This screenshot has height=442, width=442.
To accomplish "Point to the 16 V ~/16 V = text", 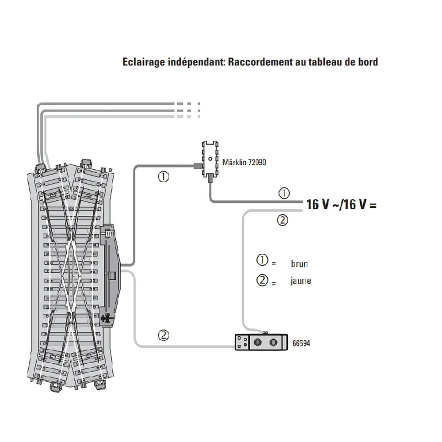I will [x=341, y=205].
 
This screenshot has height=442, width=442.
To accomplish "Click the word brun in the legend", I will [x=299, y=264].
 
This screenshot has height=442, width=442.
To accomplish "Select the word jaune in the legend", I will [x=301, y=281].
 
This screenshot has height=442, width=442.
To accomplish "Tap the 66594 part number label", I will [x=301, y=343].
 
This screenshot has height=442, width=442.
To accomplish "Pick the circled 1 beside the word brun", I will [x=263, y=260].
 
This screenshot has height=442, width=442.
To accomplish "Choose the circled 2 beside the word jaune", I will [x=263, y=280].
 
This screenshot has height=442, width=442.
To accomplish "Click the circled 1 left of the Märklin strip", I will [x=163, y=178].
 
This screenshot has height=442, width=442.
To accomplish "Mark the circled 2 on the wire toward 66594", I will [x=163, y=335].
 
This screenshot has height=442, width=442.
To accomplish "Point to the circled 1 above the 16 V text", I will [x=283, y=193].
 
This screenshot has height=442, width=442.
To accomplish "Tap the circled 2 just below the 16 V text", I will [x=283, y=220].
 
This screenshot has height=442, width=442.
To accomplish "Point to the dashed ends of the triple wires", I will [x=188, y=110].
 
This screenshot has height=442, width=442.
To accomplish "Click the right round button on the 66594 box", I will [x=274, y=342].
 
